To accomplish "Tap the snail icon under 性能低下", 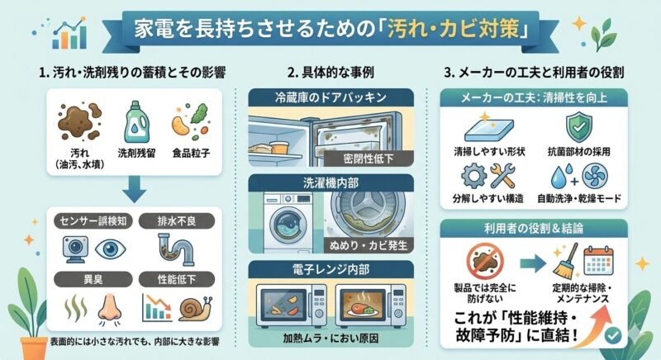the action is (x=195, y=309).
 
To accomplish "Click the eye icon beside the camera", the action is (x=111, y=249).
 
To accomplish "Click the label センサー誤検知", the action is (x=93, y=220).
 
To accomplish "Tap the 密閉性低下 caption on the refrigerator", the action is (x=368, y=159).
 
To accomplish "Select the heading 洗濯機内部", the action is (x=331, y=182).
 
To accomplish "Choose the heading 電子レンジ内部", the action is (x=331, y=269).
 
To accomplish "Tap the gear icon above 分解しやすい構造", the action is (x=473, y=176).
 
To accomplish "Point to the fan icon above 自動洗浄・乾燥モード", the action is (x=595, y=177).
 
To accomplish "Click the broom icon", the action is (x=565, y=262).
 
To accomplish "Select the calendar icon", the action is (x=598, y=261).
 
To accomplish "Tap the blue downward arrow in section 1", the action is (x=134, y=189).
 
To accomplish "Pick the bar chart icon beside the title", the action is (x=69, y=34).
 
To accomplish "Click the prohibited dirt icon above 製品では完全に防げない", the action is (x=485, y=262).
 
